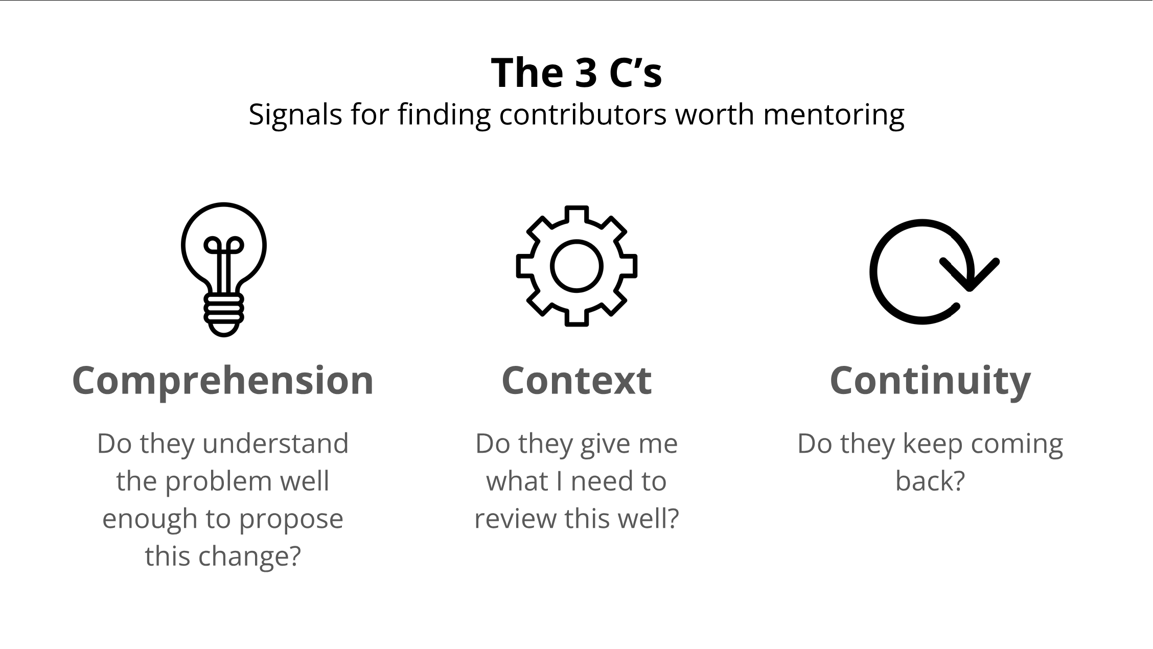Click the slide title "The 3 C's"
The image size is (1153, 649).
576,73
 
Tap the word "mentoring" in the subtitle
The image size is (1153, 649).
834,114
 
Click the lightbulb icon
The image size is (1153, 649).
224,269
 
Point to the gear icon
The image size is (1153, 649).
576,266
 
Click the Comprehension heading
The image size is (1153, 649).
223,381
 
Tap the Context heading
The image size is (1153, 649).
576,381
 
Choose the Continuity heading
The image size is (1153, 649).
930,381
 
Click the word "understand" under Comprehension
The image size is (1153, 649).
275,444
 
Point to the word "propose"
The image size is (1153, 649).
291,519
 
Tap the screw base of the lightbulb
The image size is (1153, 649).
224,313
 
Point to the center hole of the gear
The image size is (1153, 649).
576,266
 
